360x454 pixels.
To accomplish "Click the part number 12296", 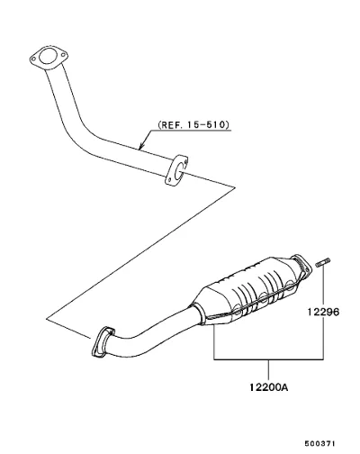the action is [x=323, y=312].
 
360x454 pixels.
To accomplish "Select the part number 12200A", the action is [x=268, y=387].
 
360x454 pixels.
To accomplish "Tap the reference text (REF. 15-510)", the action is [x=193, y=124].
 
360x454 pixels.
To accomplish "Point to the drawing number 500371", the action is [x=319, y=443].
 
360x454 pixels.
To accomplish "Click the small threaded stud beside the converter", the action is [x=323, y=262].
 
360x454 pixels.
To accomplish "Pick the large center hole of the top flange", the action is [x=48, y=56].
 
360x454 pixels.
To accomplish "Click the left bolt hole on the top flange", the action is [x=33, y=59].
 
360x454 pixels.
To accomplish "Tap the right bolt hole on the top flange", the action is [x=63, y=55].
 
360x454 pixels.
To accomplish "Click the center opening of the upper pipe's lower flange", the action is [x=177, y=170].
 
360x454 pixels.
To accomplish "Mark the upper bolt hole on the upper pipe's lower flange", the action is [x=186, y=162].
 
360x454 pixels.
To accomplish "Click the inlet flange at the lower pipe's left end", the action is [x=102, y=342].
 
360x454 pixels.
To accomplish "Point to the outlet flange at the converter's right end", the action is [x=301, y=267].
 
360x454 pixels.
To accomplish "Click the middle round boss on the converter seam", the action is [x=264, y=297].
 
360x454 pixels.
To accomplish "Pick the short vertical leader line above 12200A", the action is [x=268, y=370].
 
